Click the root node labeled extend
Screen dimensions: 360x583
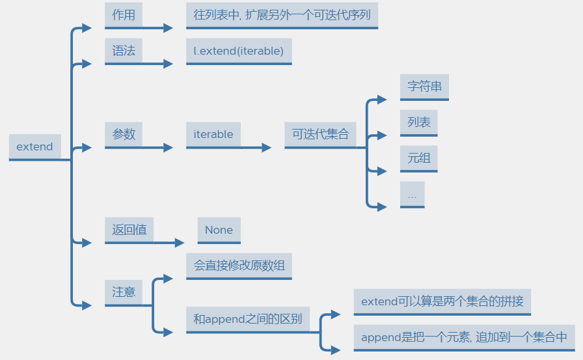pyautogui.click(x=34, y=146)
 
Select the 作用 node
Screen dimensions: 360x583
pyautogui.click(x=124, y=15)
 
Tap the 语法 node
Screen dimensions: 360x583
pyautogui.click(x=124, y=51)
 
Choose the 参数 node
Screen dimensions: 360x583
pyautogui.click(x=124, y=134)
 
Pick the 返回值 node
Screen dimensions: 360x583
pyautogui.click(x=129, y=230)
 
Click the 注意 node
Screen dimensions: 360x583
pyautogui.click(x=124, y=292)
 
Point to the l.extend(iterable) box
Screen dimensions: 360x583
pyautogui.click(x=239, y=51)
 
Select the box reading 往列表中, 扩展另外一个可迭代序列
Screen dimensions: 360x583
pyautogui.click(x=282, y=15)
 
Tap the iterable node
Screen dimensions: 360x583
pyautogui.click(x=213, y=134)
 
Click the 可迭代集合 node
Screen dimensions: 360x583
pyautogui.click(x=320, y=134)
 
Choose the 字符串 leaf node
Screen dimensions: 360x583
pyautogui.click(x=424, y=87)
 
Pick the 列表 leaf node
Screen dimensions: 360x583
pyautogui.click(x=419, y=122)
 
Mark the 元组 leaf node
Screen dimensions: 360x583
pyautogui.click(x=419, y=158)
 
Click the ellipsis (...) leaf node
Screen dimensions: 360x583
pyautogui.click(x=413, y=194)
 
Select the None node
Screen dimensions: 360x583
pyautogui.click(x=219, y=230)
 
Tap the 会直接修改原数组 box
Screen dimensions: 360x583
pyautogui.click(x=239, y=266)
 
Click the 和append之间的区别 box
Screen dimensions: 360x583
pyautogui.click(x=248, y=320)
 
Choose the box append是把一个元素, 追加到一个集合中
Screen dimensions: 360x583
pyautogui.click(x=464, y=337)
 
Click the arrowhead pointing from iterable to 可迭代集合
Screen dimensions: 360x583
pyautogui.click(x=266, y=148)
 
